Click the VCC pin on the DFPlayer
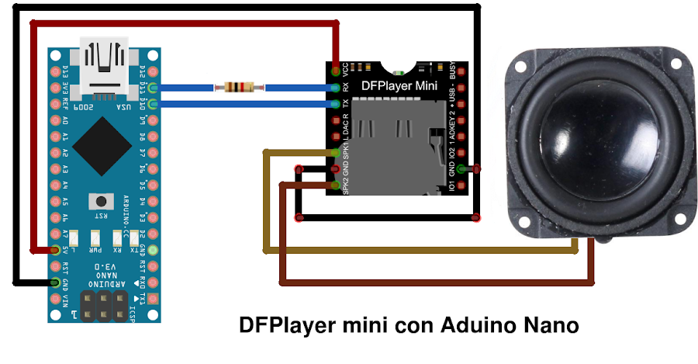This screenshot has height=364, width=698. pyautogui.click(x=334, y=70)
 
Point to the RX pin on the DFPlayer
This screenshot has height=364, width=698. pyautogui.click(x=334, y=87)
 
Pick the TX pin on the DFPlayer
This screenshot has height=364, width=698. pyautogui.click(x=334, y=103)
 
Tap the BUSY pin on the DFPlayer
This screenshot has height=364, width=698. pyautogui.click(x=462, y=71)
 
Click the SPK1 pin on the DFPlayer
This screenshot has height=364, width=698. pyautogui.click(x=334, y=152)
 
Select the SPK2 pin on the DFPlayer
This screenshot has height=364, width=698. pyautogui.click(x=334, y=185)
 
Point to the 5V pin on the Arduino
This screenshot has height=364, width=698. pyautogui.click(x=54, y=250)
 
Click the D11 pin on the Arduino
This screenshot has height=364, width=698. pyautogui.click(x=153, y=88)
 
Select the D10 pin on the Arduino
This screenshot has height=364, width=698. pyautogui.click(x=153, y=104)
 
